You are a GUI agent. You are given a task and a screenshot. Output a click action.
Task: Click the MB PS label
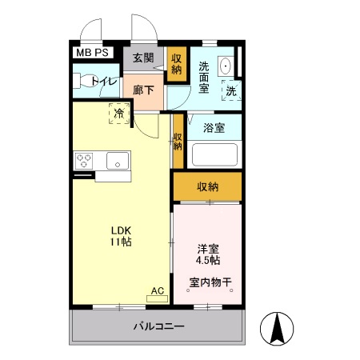(92, 54)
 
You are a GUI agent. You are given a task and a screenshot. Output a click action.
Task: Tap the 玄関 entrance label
(143, 58)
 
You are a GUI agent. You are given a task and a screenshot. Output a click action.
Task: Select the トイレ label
(105, 81)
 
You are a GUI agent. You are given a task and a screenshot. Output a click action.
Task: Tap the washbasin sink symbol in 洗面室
(226, 66)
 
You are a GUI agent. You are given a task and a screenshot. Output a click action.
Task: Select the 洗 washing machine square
(230, 92)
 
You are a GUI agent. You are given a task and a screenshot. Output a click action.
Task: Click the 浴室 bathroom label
(214, 127)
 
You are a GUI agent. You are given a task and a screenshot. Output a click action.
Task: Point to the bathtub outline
(214, 154)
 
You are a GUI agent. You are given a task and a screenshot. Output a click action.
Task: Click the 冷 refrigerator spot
(119, 114)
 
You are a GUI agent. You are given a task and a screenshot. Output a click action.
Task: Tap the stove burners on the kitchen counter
(83, 160)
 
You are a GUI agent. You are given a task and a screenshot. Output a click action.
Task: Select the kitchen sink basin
(118, 160)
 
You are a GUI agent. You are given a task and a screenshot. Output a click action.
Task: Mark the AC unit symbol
(157, 298)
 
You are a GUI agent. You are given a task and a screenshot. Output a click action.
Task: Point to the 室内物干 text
(210, 282)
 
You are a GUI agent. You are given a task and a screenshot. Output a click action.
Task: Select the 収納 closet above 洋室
(207, 187)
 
